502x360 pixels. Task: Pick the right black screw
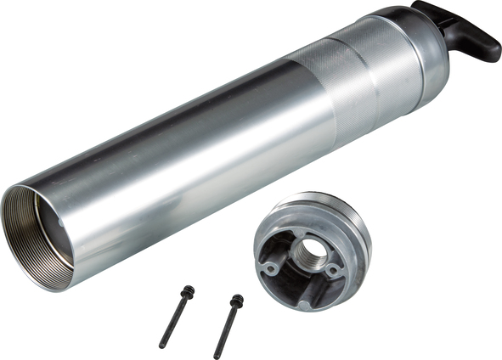coord(227,326)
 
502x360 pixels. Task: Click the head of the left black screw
coord(187,292)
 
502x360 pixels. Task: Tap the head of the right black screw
coord(236,300)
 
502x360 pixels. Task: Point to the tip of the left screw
coord(162,346)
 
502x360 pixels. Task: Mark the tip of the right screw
coord(217,356)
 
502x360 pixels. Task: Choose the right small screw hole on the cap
coord(334,271)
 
